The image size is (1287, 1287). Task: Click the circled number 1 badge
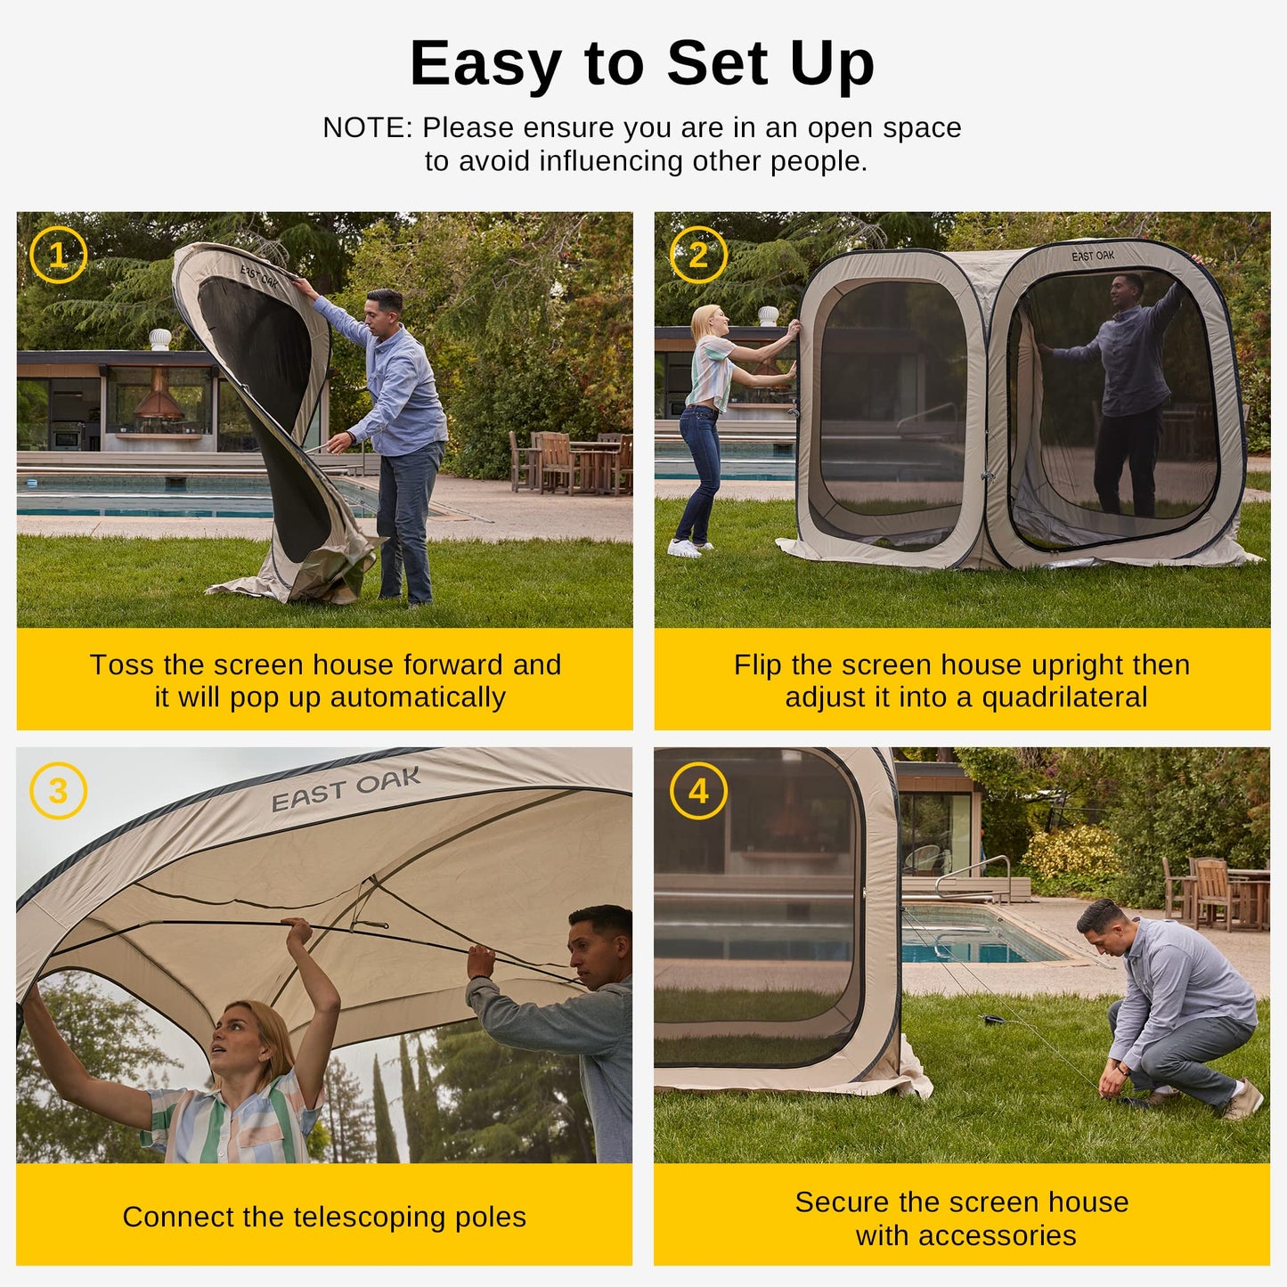point(58,256)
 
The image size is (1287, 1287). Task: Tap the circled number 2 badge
point(697,256)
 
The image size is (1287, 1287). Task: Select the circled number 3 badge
point(58,791)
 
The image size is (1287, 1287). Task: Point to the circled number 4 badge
point(697,791)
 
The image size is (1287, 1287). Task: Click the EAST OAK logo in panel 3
point(346,789)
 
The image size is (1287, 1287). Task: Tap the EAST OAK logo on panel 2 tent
point(1092,257)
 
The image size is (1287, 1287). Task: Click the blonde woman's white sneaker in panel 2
point(684,549)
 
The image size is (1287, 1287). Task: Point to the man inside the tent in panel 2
point(1127,392)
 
